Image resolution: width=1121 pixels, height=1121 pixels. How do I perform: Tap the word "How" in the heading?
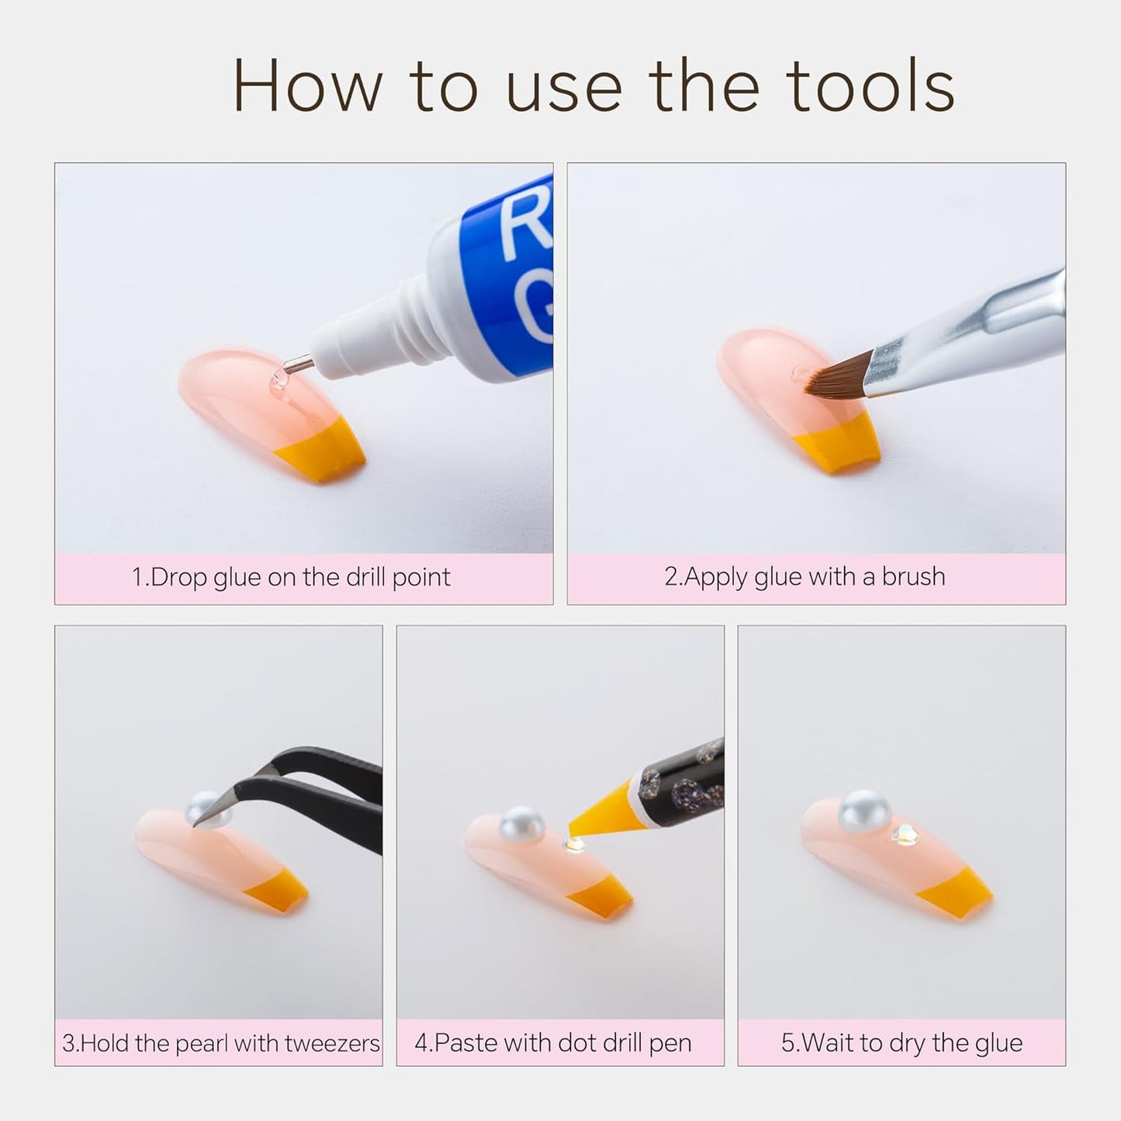click(308, 85)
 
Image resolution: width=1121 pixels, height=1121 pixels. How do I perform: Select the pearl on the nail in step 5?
click(864, 811)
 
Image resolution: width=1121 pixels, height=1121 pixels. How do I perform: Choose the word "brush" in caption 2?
click(913, 576)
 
